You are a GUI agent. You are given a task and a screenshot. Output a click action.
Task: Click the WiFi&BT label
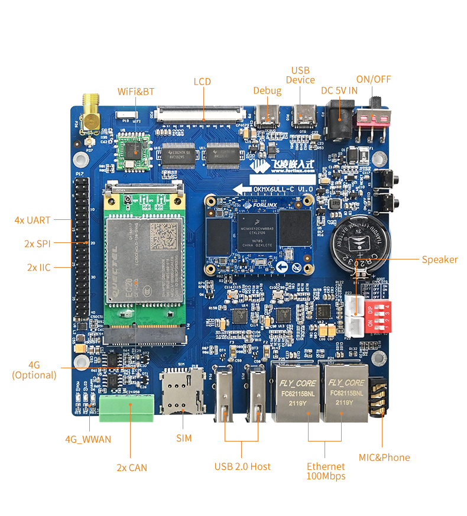click(x=135, y=91)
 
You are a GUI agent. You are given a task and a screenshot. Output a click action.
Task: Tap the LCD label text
click(x=203, y=81)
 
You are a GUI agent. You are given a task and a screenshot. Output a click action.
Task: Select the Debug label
click(x=267, y=90)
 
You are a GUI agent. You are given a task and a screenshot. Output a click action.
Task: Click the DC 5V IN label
click(x=339, y=90)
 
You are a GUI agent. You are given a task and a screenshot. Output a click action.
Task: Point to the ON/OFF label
click(x=373, y=79)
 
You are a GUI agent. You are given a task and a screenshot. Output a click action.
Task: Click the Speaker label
click(x=439, y=259)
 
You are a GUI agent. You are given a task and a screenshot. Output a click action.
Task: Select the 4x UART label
click(x=33, y=220)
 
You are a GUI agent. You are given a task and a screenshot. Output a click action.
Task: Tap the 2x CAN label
click(x=131, y=468)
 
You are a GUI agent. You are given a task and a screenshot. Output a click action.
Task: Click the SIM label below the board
click(x=184, y=439)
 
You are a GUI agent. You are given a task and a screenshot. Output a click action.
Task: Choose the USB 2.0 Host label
click(x=242, y=466)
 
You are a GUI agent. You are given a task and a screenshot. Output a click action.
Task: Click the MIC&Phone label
click(x=384, y=457)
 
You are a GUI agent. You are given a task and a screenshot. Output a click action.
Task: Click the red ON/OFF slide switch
click(x=374, y=120)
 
